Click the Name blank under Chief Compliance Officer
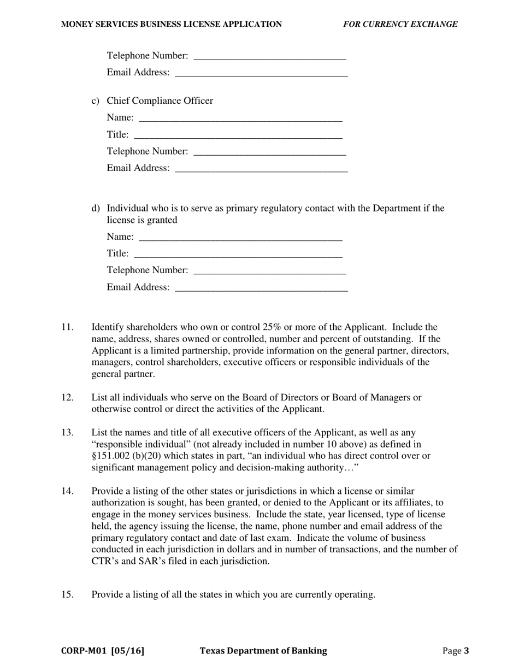240,117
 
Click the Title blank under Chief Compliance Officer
238,134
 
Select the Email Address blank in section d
261,287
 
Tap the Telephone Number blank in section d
270,270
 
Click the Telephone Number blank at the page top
270,56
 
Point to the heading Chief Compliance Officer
160,101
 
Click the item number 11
67,327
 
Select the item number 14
67,491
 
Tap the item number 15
67,594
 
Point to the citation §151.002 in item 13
111,456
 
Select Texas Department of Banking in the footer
263,651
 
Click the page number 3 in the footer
467,651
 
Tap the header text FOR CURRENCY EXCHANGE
400,24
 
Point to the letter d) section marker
96,208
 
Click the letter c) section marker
96,101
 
